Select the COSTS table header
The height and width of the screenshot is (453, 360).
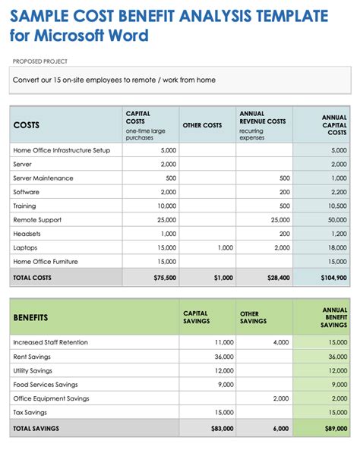pos(27,125)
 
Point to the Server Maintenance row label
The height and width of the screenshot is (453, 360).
pos(43,178)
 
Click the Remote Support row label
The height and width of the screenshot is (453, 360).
pos(37,220)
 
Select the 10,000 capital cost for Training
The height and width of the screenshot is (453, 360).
pos(167,206)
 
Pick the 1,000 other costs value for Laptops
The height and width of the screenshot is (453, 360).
pos(225,247)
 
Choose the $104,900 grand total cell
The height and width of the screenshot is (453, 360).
pos(333,278)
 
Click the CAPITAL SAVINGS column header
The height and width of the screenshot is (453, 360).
pos(197,317)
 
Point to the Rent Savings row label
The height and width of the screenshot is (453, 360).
pos(33,357)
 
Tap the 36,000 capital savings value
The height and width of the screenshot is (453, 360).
pos(223,357)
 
